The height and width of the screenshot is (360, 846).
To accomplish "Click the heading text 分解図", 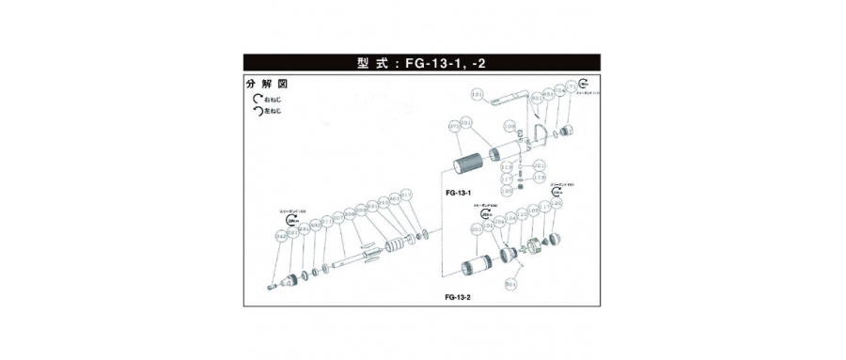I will coord(267,83).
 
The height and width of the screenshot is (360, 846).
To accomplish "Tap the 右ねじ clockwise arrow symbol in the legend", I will coord(256,98).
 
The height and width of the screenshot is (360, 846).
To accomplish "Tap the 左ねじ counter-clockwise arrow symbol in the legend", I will coord(256,111).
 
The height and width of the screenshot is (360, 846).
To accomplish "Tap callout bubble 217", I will coord(406,196).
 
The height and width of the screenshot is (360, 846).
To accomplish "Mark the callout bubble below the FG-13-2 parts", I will coord(512,282).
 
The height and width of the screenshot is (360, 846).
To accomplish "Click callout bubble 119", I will coord(540,177).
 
